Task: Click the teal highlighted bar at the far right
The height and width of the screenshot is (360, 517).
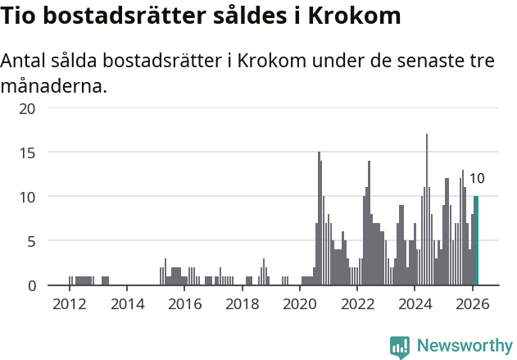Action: (x=477, y=241)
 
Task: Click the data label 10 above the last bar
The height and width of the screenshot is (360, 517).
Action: (x=477, y=179)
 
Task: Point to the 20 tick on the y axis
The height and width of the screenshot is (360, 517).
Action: (x=27, y=108)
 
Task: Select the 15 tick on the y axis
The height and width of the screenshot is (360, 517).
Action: (x=27, y=153)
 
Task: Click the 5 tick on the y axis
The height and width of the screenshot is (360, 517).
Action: (x=31, y=241)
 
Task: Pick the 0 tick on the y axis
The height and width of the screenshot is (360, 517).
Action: (x=31, y=285)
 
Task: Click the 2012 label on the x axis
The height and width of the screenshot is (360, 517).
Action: (x=70, y=304)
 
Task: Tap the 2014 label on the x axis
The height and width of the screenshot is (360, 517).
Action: (x=127, y=304)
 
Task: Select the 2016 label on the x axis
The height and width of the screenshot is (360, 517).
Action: (x=184, y=304)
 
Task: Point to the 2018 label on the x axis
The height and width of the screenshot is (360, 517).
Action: (x=242, y=304)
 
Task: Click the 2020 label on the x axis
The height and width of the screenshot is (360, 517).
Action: (x=300, y=304)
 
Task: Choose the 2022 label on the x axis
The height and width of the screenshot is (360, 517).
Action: (x=357, y=304)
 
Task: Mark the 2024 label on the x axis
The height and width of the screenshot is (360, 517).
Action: (x=415, y=304)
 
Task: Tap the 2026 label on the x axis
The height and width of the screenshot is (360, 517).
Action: (x=472, y=304)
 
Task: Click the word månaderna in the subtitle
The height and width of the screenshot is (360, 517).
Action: (x=54, y=84)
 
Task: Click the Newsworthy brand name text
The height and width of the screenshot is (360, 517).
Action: (x=464, y=346)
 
